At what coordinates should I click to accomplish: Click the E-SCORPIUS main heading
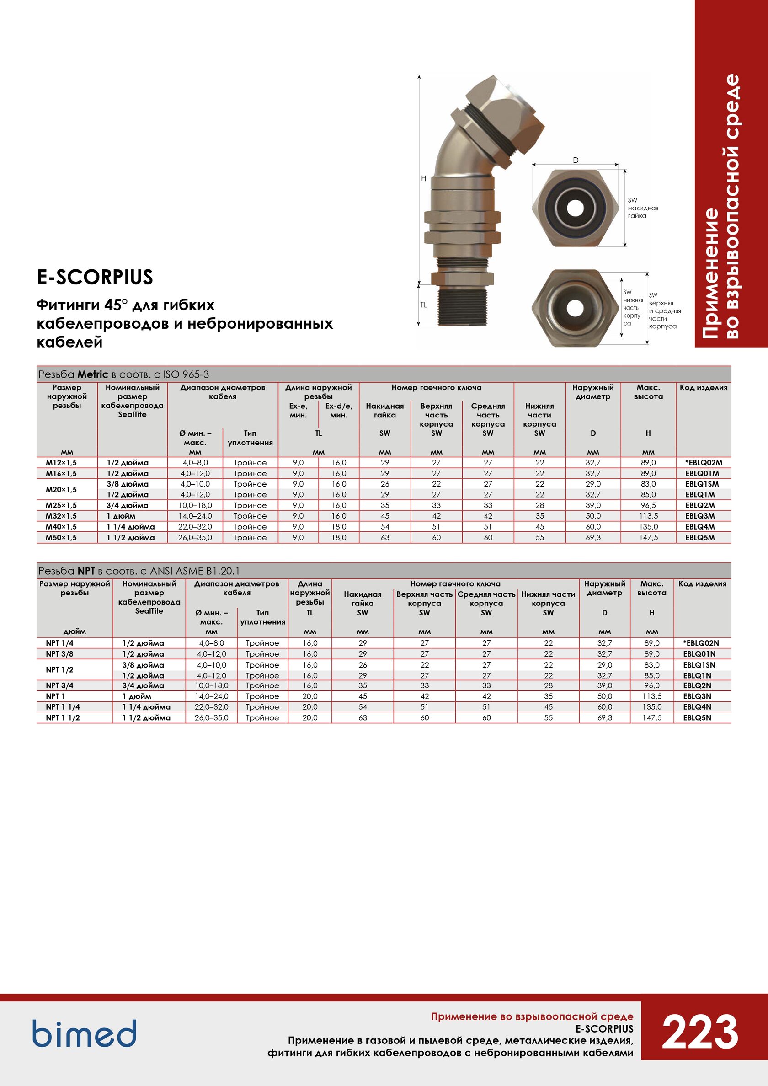tap(95, 277)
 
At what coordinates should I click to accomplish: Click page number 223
tap(699, 1032)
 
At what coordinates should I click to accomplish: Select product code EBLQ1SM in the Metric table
tap(701, 484)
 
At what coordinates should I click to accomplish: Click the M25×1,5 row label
tap(61, 505)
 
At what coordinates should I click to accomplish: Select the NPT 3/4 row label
tap(59, 685)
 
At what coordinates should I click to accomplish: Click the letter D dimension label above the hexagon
tap(576, 160)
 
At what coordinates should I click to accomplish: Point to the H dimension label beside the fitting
tap(424, 178)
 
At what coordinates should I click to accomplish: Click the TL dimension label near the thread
tap(424, 305)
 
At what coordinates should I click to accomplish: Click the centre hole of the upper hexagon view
tap(576, 207)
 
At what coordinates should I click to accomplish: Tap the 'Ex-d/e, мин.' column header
tap(339, 411)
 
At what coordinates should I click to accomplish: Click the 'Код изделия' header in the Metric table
tap(703, 387)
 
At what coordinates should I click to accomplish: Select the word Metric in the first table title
tap(93, 374)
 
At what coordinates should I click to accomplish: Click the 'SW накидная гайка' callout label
tap(643, 208)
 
